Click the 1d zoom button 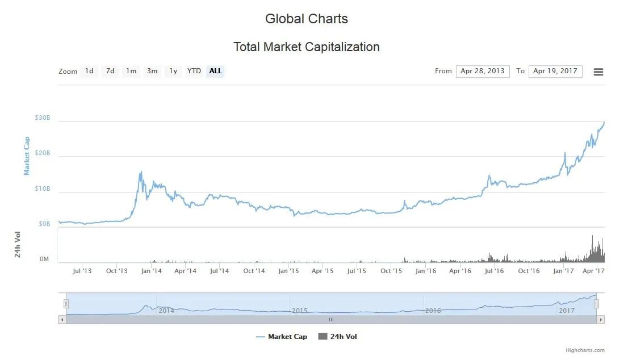[89, 72]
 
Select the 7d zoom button [110, 72]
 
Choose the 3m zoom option [152, 72]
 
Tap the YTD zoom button [194, 72]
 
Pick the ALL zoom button [215, 72]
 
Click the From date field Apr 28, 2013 [483, 72]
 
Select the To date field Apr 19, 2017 [555, 72]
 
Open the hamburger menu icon [598, 72]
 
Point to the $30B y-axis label [43, 118]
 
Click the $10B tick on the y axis [43, 189]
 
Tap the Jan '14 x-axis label [151, 271]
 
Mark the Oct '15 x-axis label [391, 271]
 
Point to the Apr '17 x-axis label [593, 271]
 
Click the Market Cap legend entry [282, 337]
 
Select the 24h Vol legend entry [338, 337]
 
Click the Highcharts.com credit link [585, 350]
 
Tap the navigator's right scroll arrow [600, 320]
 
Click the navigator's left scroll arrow [62, 320]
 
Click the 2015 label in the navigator [300, 311]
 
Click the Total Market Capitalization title [307, 47]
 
